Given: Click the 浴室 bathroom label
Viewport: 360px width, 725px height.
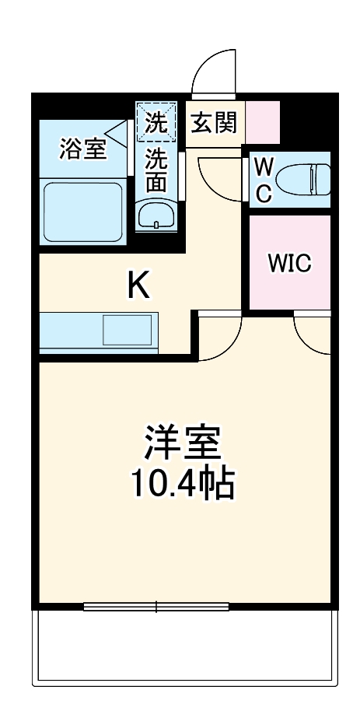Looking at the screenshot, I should coord(82,149).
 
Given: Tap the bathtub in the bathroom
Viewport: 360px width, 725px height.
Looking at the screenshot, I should coord(83,211).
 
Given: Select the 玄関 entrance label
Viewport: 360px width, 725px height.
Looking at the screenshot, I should coord(215,122).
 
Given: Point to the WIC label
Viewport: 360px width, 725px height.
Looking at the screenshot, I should coord(289,263).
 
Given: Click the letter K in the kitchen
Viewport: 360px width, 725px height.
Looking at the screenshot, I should coord(138,287).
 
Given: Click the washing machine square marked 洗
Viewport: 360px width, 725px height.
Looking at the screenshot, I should coord(156,122).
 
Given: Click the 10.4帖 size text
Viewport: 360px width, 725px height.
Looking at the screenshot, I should coord(181,484).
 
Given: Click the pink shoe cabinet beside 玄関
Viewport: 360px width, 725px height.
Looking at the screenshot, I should coord(263,122).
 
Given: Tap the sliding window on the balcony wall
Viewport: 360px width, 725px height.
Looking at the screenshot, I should coord(156,606).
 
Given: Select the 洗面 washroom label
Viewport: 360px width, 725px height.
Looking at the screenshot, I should coord(156,170).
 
